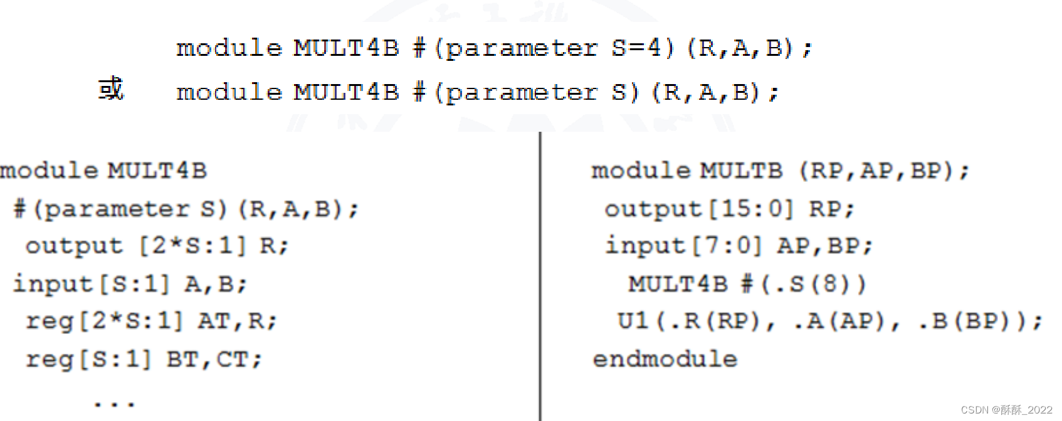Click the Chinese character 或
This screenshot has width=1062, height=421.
click(111, 88)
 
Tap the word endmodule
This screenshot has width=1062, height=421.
click(665, 359)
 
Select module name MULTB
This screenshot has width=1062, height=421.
click(741, 171)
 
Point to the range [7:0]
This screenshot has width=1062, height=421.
click(727, 246)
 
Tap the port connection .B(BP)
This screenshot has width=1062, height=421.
click(970, 321)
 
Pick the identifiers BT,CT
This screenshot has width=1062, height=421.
click(213, 360)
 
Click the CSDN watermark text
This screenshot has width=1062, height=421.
click(1006, 410)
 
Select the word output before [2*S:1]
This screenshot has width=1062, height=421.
click(74, 246)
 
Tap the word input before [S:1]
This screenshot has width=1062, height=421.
click(53, 284)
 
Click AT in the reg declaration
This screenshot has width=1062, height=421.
click(213, 321)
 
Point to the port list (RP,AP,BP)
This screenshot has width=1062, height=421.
click(884, 171)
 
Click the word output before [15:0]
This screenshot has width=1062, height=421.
click(653, 209)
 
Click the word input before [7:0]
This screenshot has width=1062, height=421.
click(645, 246)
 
